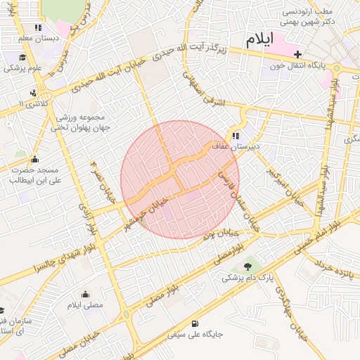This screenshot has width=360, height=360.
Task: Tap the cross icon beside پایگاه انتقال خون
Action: (298, 54)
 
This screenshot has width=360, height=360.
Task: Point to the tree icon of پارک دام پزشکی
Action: (247, 266)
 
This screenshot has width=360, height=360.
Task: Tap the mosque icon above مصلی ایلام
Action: (86, 294)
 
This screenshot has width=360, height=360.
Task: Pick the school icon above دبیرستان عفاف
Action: (236, 136)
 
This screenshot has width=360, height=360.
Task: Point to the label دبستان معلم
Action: (34, 37)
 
